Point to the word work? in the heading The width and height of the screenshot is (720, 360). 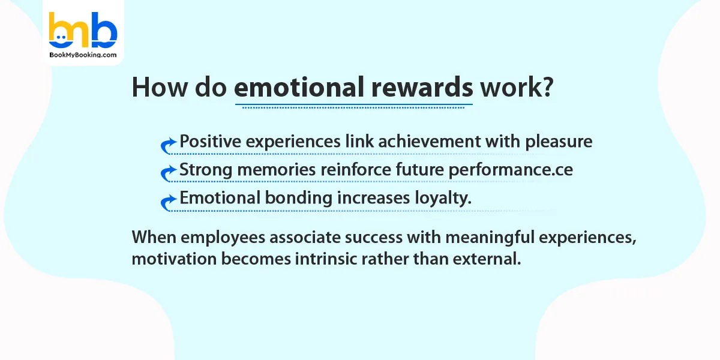coord(515,88)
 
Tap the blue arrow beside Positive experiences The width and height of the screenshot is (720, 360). coord(169,145)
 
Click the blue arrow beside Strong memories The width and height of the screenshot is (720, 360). coord(169,173)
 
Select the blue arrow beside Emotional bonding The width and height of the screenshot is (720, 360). coord(169,202)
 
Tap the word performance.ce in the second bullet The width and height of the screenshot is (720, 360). coord(510,170)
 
